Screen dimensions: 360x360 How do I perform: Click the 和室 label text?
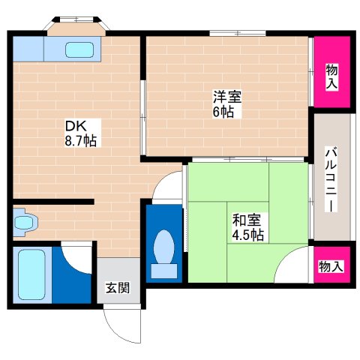pyautogui.click(x=247, y=220)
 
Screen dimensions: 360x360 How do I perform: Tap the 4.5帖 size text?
pyautogui.click(x=247, y=235)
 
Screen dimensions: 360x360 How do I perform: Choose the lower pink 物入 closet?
pyautogui.click(x=331, y=265)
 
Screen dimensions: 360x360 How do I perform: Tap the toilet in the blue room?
pyautogui.click(x=163, y=249)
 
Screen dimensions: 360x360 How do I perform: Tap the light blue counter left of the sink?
pyautogui.click(x=28, y=49)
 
